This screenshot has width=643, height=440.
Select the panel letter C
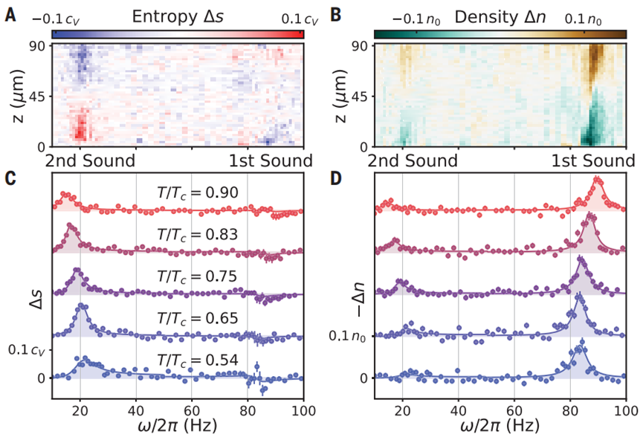point(10,178)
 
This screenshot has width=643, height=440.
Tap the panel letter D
point(335,178)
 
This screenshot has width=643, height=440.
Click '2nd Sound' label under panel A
point(91,161)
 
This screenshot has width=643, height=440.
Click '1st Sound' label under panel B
point(590,161)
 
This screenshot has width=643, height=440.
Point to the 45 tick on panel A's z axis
point(37,95)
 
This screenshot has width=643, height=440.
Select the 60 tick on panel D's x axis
point(514,409)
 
